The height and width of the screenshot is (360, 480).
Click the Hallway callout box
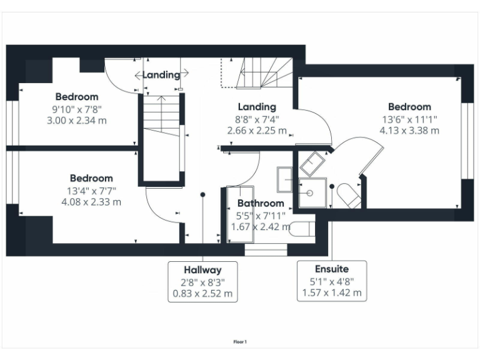click(x=202, y=281)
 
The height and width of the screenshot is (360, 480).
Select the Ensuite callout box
click(x=331, y=281)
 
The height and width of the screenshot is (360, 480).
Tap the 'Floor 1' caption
click(x=240, y=342)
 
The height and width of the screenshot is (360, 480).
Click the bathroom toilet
click(x=304, y=229)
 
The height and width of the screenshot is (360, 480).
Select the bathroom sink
click(x=285, y=179)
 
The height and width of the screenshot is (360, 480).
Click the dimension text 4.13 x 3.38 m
click(x=409, y=131)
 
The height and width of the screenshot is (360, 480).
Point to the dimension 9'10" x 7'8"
click(x=76, y=109)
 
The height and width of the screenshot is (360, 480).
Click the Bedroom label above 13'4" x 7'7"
click(x=91, y=178)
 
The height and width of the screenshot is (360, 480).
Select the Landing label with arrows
click(x=161, y=74)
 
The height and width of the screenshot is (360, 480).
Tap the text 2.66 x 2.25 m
click(x=257, y=131)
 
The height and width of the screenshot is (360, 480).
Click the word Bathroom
click(x=261, y=203)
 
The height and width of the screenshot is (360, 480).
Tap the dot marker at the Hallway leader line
click(x=202, y=194)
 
